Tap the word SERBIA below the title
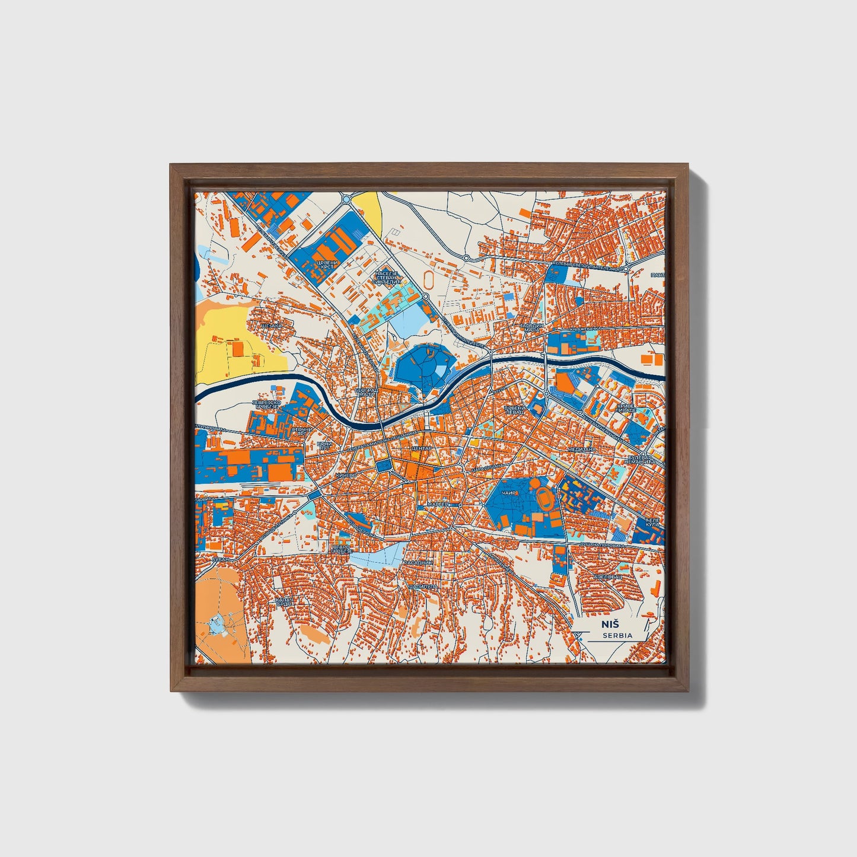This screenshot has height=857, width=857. coord(616,635)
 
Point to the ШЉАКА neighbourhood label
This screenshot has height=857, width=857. coord(271,326)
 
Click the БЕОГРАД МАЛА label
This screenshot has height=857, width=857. coord(366,393)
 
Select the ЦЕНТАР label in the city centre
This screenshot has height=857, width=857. coord(422,448)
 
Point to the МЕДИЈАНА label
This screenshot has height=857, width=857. coord(581,450)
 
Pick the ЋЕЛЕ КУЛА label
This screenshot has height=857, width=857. coord(652,523)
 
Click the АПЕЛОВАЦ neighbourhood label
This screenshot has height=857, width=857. coord(608,576)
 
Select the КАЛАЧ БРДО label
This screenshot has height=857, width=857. coord(284,602)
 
